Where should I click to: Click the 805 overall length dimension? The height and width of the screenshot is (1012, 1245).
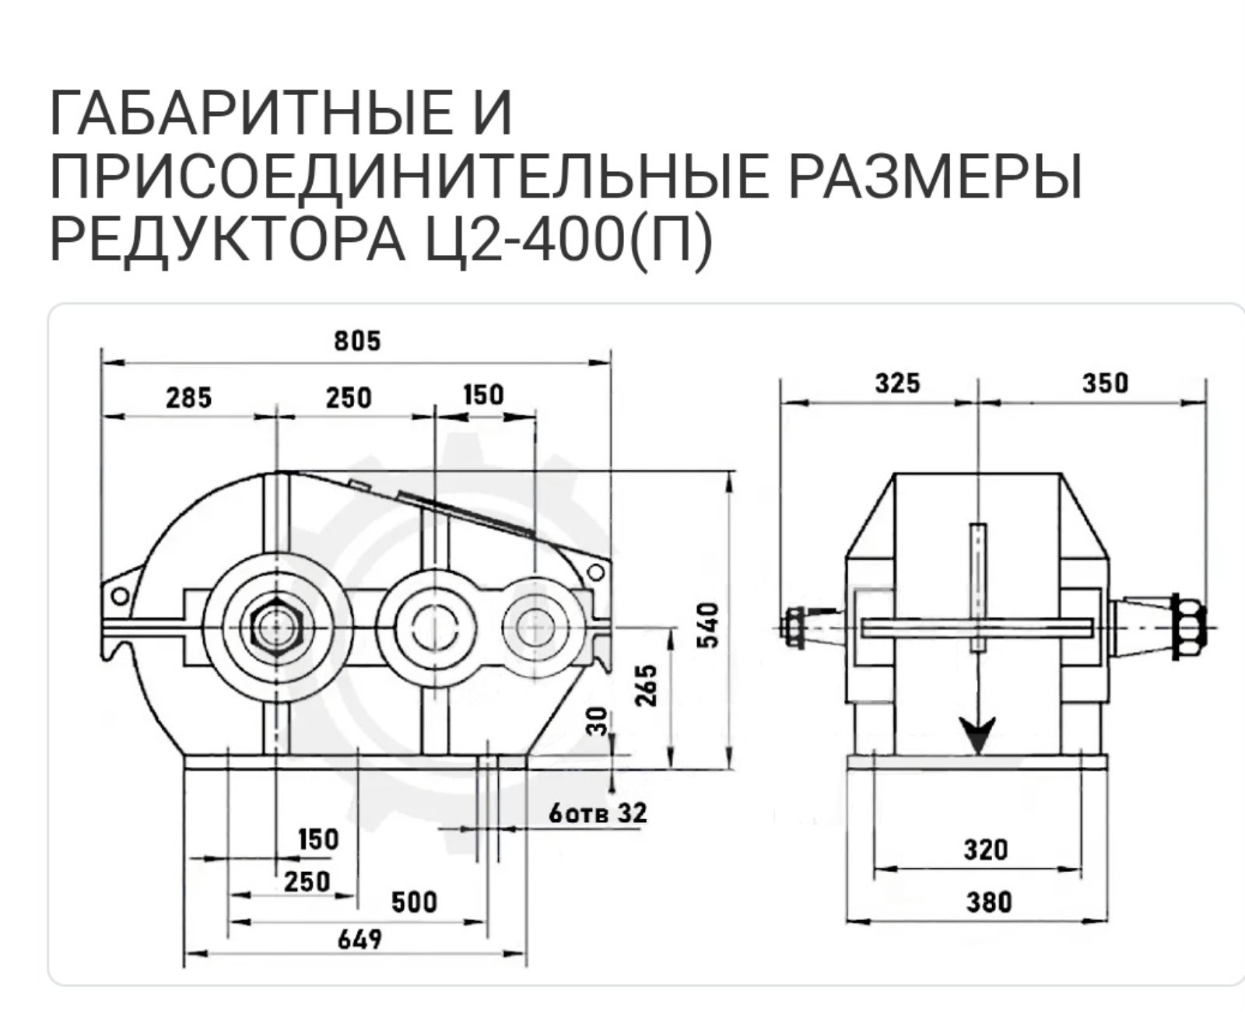[x=358, y=341]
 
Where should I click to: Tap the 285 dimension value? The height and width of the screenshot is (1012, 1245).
[x=189, y=397]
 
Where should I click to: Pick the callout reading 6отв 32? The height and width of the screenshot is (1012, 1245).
[x=598, y=814]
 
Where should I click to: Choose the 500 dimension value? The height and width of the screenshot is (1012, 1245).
[x=414, y=902]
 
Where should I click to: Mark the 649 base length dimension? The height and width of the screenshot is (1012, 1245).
[x=359, y=940]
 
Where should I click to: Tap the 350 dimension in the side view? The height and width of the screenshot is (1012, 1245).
[x=1104, y=383]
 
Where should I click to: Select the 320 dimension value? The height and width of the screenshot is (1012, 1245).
[x=986, y=849]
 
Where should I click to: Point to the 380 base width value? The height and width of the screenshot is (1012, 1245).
[x=988, y=902]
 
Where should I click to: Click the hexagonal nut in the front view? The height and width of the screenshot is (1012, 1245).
[x=276, y=627]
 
